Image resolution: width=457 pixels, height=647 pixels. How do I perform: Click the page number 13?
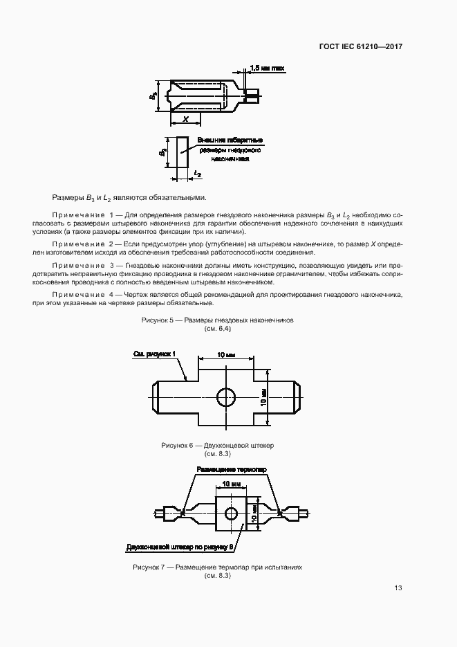tap(398, 588)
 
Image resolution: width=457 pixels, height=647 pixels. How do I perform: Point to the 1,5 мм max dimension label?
tap(267, 69)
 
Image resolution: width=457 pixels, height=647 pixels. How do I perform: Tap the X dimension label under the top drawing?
tap(185, 120)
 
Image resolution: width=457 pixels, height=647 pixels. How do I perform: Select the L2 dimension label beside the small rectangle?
tap(198, 174)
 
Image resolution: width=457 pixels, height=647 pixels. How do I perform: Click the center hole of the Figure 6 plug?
tap(226, 397)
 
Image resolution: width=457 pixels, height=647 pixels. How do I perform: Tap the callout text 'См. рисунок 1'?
tap(155, 354)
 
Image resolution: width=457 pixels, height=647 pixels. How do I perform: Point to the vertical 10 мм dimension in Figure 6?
tap(263, 397)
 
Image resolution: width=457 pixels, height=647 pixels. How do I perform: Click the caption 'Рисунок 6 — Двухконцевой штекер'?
tap(217, 446)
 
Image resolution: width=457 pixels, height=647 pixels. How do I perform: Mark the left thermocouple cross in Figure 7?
tap(182, 513)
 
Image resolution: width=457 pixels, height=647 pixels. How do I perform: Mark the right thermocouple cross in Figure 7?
tap(279, 513)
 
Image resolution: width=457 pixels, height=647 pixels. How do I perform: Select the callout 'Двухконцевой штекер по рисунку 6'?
tap(182, 547)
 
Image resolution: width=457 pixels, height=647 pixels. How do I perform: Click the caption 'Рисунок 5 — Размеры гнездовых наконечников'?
tap(218, 321)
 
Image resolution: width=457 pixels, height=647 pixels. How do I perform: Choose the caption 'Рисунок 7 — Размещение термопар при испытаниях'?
tap(217, 567)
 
